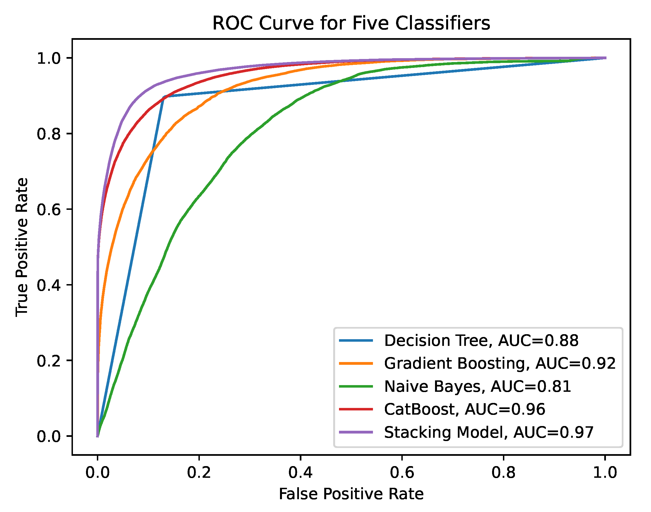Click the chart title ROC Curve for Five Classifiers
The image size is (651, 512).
click(351, 23)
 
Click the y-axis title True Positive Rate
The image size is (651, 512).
click(22, 248)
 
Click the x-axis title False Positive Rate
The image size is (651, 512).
click(351, 494)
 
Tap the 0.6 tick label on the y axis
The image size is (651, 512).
click(49, 209)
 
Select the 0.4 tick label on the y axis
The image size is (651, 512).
click(49, 285)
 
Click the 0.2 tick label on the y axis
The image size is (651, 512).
click(49, 361)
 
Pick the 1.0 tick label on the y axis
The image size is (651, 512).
click(49, 58)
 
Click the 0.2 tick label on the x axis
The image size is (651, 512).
click(199, 473)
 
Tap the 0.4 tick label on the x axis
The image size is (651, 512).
click(301, 473)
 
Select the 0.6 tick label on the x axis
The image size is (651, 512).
click(402, 473)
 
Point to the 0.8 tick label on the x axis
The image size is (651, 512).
click(503, 473)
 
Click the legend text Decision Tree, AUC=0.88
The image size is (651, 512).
click(481, 341)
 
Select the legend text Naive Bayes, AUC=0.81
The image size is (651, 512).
click(477, 387)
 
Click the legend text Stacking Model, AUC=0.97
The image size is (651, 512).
click(489, 432)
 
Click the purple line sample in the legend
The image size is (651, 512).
click(356, 432)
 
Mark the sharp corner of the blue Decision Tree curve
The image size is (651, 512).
click(164, 97)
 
